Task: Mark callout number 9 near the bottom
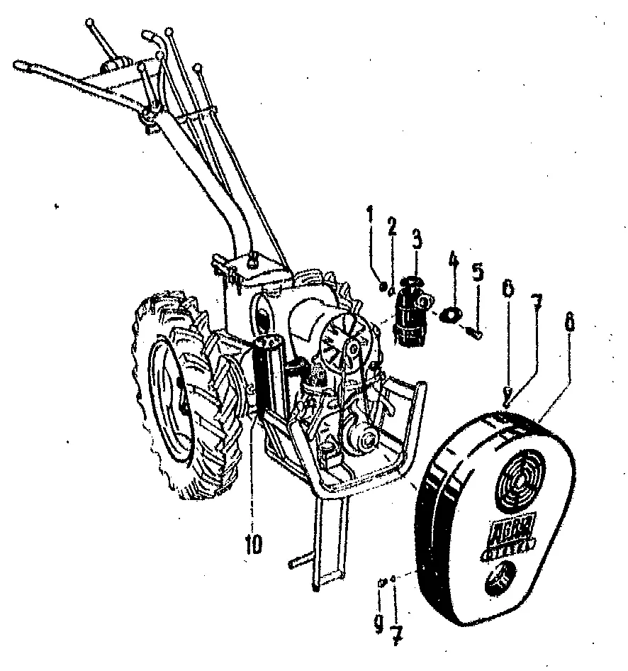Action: coord(379,623)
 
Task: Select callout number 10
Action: coord(253,545)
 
